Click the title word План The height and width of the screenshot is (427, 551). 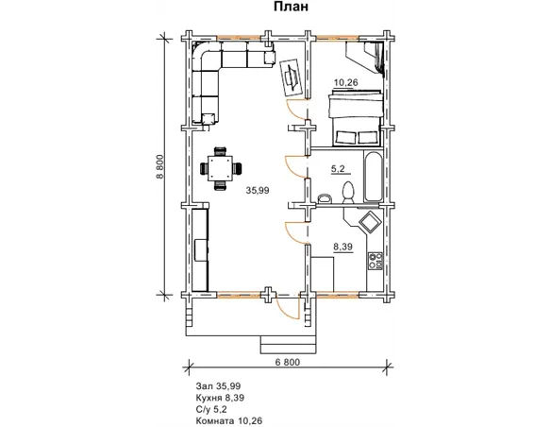point(291,7)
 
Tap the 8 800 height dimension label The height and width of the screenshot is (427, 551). point(159,166)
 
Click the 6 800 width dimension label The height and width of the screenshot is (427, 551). point(288,362)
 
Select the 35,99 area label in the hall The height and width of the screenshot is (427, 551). point(258,190)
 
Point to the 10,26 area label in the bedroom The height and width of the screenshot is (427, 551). point(345,82)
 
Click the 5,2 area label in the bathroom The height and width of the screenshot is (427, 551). point(338,169)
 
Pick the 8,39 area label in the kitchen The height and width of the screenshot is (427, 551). point(342,248)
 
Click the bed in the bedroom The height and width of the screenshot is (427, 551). point(355,118)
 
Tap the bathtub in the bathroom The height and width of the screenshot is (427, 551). point(373,177)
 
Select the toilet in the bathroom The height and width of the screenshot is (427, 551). point(348,193)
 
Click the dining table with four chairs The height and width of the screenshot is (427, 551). point(221,168)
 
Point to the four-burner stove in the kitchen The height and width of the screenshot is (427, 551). point(375,261)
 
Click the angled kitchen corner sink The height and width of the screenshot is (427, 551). point(369,223)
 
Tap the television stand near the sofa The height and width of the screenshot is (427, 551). point(292,77)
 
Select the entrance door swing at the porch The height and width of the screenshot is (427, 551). point(288,306)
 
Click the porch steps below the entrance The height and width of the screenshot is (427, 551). point(288,345)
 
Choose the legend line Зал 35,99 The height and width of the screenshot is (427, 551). point(218,386)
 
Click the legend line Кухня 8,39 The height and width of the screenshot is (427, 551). point(220,398)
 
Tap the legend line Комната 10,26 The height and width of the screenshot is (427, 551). point(229,420)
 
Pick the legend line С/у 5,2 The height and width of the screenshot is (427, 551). point(211,409)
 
